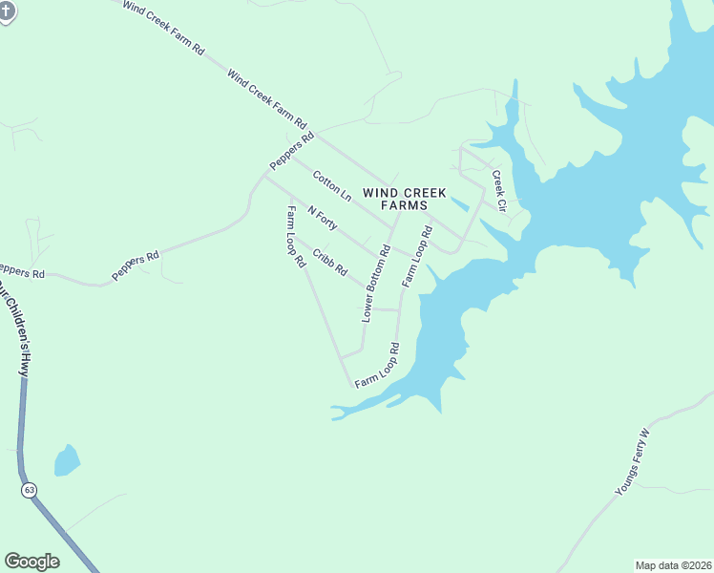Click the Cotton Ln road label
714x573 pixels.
[x=332, y=184]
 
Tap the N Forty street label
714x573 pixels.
[x=322, y=219]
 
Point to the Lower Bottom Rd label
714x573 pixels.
[x=376, y=284]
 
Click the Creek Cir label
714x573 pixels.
[x=498, y=190]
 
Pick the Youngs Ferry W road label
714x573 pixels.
[x=632, y=463]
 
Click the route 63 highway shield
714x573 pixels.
[x=30, y=490]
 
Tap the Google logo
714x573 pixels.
[x=31, y=562]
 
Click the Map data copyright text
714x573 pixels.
[x=673, y=564]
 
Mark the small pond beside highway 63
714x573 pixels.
[x=67, y=460]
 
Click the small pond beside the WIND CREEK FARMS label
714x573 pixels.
[x=459, y=204]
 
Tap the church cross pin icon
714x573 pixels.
[x=6, y=11]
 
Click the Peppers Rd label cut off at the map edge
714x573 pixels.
[x=21, y=271]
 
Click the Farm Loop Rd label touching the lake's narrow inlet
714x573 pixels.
[x=377, y=366]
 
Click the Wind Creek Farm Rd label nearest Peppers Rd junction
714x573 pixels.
[x=267, y=98]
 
